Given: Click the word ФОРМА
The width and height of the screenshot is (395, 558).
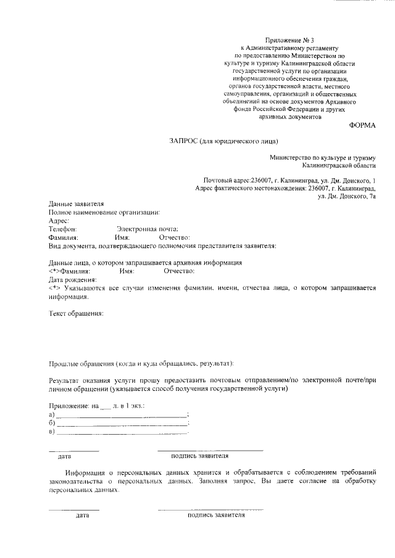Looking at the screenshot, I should pyautogui.click(x=362, y=125).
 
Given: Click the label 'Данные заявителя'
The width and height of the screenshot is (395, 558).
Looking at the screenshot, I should pyautogui.click(x=77, y=203).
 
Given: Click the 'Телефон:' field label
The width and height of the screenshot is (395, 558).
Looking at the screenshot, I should pyautogui.click(x=62, y=228).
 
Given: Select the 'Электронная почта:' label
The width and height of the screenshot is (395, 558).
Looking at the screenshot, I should pyautogui.click(x=152, y=228).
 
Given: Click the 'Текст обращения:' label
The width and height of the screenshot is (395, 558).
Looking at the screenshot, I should pyautogui.click(x=77, y=313).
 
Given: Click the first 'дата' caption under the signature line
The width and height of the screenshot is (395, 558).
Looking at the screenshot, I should pyautogui.click(x=64, y=457).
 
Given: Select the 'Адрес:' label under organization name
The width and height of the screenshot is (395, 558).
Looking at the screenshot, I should pyautogui.click(x=59, y=220).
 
